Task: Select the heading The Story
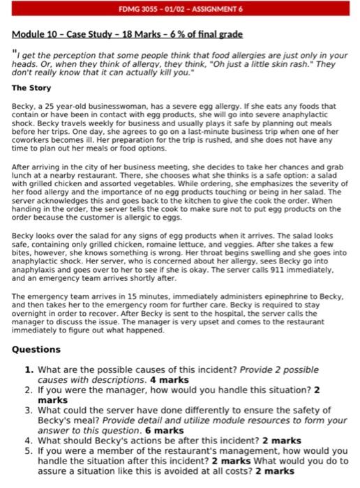point(31,89)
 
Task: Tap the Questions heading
point(36,349)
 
